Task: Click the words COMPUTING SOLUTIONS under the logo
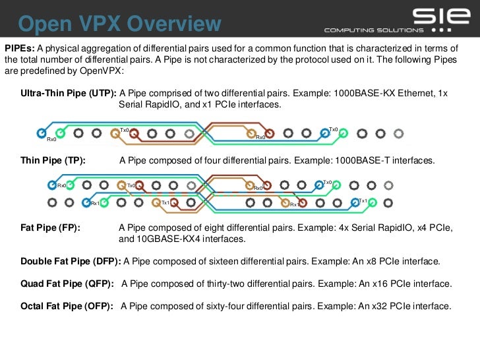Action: pos(373,30)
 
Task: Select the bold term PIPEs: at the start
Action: pos(19,49)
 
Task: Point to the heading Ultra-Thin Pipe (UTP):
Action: pos(69,93)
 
